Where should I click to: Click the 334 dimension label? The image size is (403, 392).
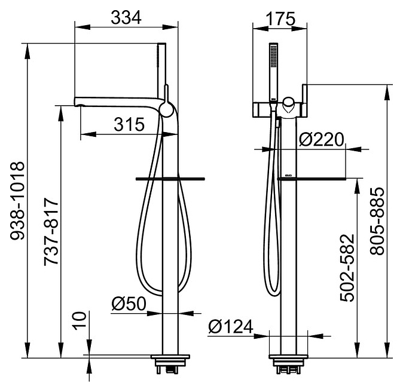click(x=126, y=18)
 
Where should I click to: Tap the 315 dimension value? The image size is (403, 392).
click(x=129, y=124)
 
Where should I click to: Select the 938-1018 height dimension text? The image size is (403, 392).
click(x=17, y=201)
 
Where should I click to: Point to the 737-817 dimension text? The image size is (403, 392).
click(x=51, y=231)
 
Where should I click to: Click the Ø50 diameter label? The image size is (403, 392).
click(x=129, y=304)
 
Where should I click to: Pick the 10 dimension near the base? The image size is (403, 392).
click(x=80, y=321)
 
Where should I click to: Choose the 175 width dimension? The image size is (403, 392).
click(x=280, y=19)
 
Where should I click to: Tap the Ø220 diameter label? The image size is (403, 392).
click(x=321, y=139)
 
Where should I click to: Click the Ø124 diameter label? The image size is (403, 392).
click(x=231, y=327)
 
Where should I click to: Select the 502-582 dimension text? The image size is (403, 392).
click(x=347, y=268)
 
